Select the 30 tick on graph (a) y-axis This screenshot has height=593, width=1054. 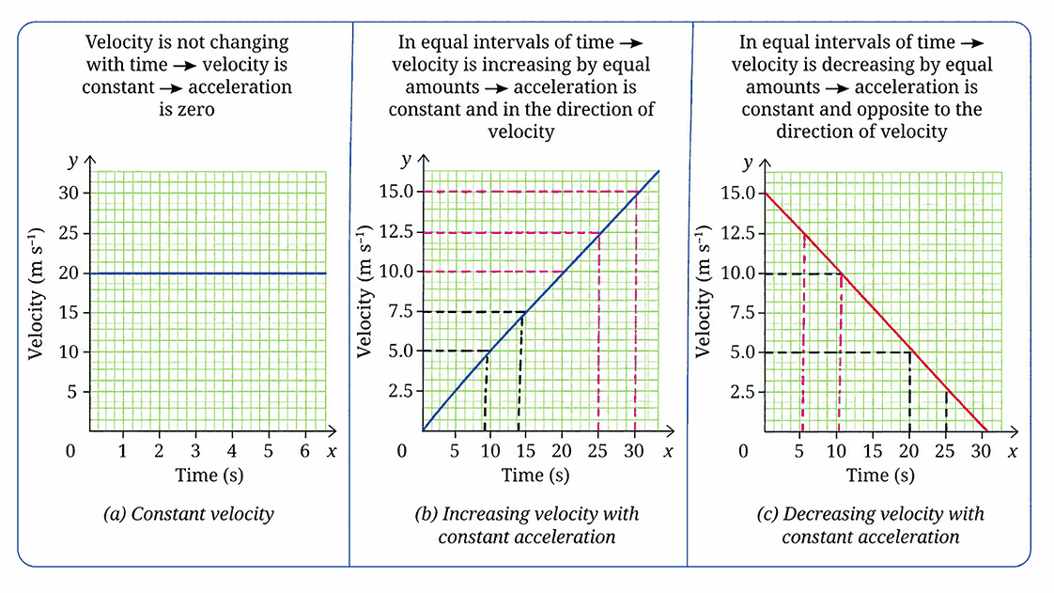click(70, 194)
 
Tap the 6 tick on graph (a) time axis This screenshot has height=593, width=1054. click(304, 451)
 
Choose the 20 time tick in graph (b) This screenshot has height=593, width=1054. click(561, 451)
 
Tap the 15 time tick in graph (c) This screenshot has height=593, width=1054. click(873, 451)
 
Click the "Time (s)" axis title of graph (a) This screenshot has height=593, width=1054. click(209, 476)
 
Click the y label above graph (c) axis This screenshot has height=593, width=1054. click(748, 162)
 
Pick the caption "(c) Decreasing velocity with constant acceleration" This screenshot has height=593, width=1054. click(871, 525)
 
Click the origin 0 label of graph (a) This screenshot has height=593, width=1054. click(70, 452)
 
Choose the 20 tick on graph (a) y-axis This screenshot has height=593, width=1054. click(70, 273)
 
